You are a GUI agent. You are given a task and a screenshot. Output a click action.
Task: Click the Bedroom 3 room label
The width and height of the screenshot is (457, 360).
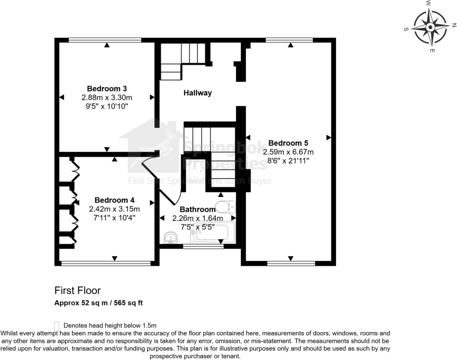pyautogui.click(x=107, y=88)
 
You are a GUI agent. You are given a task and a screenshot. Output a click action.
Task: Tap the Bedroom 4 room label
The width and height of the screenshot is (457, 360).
pyautogui.click(x=114, y=200)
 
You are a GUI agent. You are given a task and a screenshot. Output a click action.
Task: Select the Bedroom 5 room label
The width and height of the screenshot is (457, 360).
pyautogui.click(x=288, y=143)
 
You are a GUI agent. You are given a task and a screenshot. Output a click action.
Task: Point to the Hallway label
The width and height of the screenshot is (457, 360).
pyautogui.click(x=197, y=93)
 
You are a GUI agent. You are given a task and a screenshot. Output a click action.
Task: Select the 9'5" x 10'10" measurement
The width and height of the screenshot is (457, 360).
pyautogui.click(x=107, y=106)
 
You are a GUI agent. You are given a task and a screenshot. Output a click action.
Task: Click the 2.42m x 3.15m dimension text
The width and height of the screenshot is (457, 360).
pyautogui.click(x=114, y=209)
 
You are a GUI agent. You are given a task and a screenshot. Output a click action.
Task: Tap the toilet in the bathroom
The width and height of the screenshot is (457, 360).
pyautogui.click(x=226, y=206)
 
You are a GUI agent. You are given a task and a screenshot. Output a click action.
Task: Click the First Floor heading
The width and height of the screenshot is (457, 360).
pyautogui.click(x=77, y=290)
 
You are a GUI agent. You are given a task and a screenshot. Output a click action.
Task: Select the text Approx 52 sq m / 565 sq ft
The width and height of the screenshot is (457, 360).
pyautogui.click(x=99, y=302)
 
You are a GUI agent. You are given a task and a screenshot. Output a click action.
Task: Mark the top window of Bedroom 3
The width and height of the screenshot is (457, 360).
pyautogui.click(x=105, y=39)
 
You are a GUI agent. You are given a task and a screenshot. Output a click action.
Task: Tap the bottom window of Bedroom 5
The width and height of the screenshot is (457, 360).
pyautogui.click(x=290, y=263)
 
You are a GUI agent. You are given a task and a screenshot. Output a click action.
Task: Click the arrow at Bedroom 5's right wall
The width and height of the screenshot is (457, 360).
pyautogui.click(x=329, y=137)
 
